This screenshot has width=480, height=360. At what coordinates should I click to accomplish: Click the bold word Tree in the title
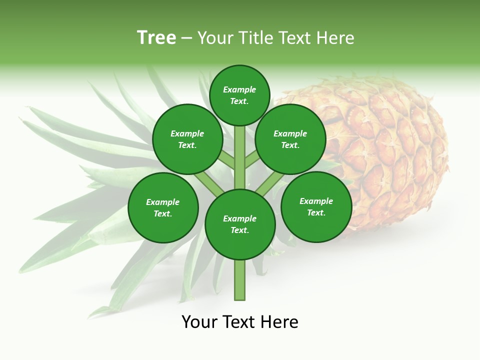click(156, 38)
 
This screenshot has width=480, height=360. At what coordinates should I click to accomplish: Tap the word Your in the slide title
click(216, 38)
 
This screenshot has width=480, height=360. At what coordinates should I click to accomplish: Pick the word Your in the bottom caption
click(200, 322)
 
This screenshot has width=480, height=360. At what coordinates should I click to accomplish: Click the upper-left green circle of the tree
click(187, 139)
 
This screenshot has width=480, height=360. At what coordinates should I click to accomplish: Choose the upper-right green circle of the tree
click(290, 139)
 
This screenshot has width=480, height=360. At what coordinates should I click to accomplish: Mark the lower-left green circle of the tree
click(163, 207)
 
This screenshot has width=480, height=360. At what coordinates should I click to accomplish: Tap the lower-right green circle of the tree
click(316, 206)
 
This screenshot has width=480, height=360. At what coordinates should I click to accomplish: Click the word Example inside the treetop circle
click(239, 89)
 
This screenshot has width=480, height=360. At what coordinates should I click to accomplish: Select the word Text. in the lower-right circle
click(316, 212)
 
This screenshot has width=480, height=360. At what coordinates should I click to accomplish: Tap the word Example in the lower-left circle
click(162, 202)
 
